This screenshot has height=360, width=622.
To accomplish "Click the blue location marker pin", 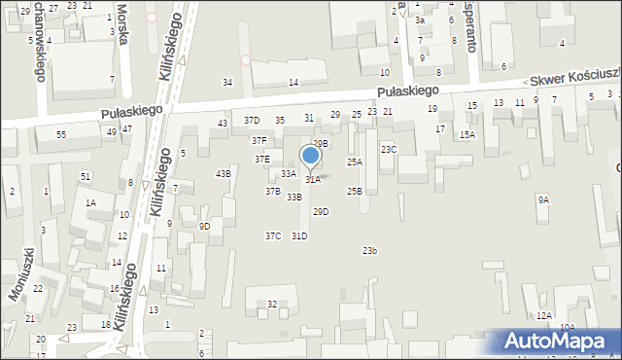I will click(x=311, y=156).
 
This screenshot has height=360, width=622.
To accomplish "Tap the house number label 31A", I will click(x=313, y=180).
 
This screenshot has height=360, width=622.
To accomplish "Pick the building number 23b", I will click(x=369, y=251).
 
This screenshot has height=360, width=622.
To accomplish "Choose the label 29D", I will click(x=320, y=212).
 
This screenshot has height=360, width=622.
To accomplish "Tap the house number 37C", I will click(x=273, y=235).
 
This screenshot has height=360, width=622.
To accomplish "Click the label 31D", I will click(x=299, y=235).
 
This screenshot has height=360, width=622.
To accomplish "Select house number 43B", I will click(x=224, y=173).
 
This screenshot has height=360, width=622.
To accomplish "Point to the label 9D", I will click(x=204, y=227).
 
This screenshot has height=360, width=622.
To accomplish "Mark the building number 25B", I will click(x=355, y=192).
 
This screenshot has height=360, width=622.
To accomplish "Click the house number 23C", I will click(x=388, y=149).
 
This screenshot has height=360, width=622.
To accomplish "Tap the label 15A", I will click(x=467, y=135).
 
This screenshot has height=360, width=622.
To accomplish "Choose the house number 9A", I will click(x=543, y=199).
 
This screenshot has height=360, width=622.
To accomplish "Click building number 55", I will click(x=61, y=134).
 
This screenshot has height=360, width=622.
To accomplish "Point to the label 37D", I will click(x=252, y=121).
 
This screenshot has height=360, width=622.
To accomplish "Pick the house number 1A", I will click(x=90, y=202).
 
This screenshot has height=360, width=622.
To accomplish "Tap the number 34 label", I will click(x=227, y=83).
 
